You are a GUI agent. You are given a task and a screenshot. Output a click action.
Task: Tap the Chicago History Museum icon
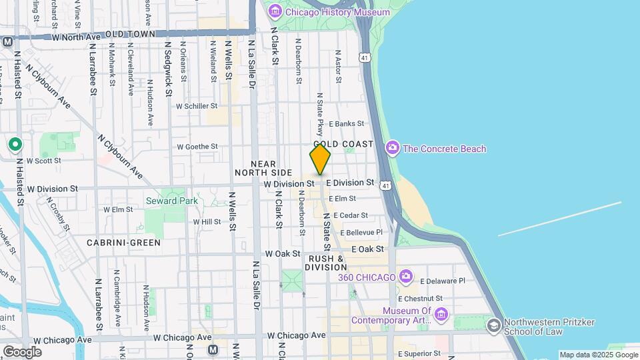[274, 12]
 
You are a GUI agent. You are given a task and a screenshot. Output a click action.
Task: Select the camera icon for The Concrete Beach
[393, 148]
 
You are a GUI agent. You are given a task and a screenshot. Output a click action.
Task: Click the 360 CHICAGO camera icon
[405, 277]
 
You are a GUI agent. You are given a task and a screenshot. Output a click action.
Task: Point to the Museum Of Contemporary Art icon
[441, 313]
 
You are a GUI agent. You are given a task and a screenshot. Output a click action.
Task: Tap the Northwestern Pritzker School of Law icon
[493, 325]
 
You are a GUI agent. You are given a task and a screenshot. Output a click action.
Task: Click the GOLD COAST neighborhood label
[343, 144]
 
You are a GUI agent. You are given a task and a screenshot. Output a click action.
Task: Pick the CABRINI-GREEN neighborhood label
[123, 243]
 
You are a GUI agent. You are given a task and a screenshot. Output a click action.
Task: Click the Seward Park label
[162, 201]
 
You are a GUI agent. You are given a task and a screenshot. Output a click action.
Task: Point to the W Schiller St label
[197, 106]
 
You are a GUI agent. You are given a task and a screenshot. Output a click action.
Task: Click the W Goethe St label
[197, 147]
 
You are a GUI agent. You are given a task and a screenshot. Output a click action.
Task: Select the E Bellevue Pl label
[361, 232]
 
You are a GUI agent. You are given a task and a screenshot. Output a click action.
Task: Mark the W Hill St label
[207, 221]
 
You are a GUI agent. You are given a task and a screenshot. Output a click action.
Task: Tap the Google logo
[21, 351]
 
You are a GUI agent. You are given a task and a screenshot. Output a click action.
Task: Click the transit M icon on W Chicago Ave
[213, 349]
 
